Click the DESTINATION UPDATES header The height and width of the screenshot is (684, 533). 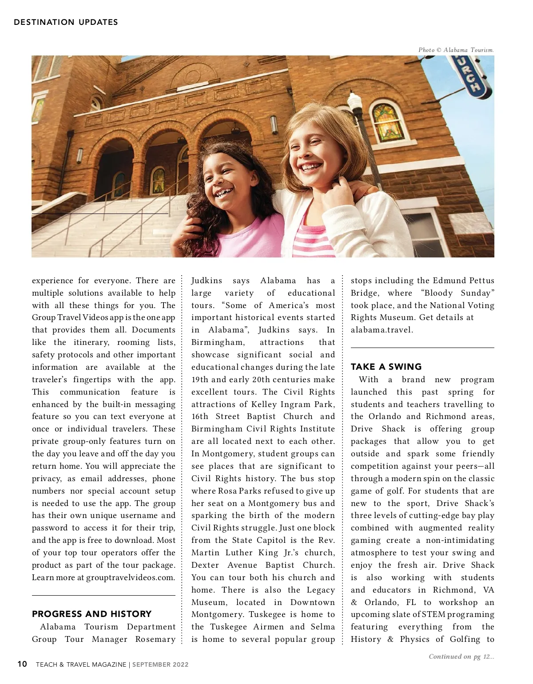66,22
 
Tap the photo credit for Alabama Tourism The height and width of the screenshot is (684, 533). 456,50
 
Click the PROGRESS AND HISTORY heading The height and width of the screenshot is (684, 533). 91,614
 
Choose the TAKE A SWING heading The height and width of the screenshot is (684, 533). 386,367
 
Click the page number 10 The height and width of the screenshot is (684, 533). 22,664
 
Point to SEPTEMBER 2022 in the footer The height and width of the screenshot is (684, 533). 160,664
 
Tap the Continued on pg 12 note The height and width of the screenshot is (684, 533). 461,656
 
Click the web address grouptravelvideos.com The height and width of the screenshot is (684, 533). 130,577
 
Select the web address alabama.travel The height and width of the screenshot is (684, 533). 382,330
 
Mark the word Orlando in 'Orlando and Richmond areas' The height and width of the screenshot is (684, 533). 385,416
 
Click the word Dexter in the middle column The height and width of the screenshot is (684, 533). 205,565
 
